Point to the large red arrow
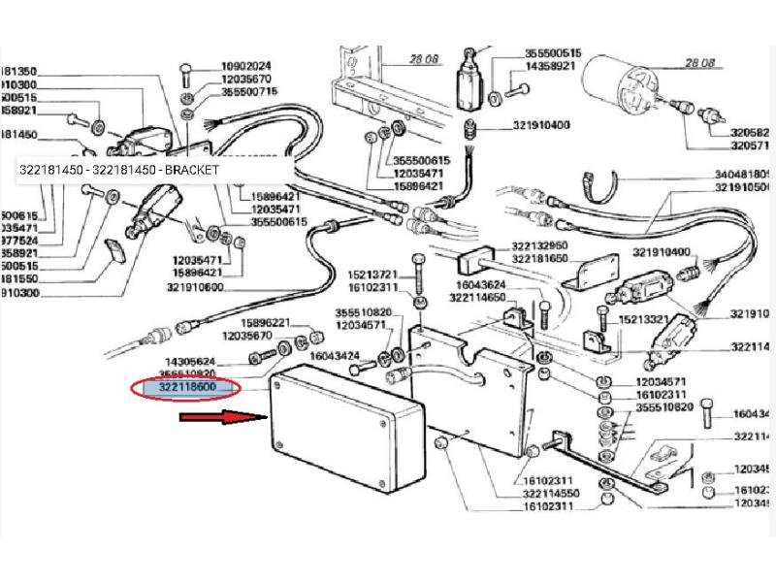[x=222, y=418]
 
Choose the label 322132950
[x=540, y=245]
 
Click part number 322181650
[x=540, y=258]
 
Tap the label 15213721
[x=372, y=275]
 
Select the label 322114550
[x=551, y=493]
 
